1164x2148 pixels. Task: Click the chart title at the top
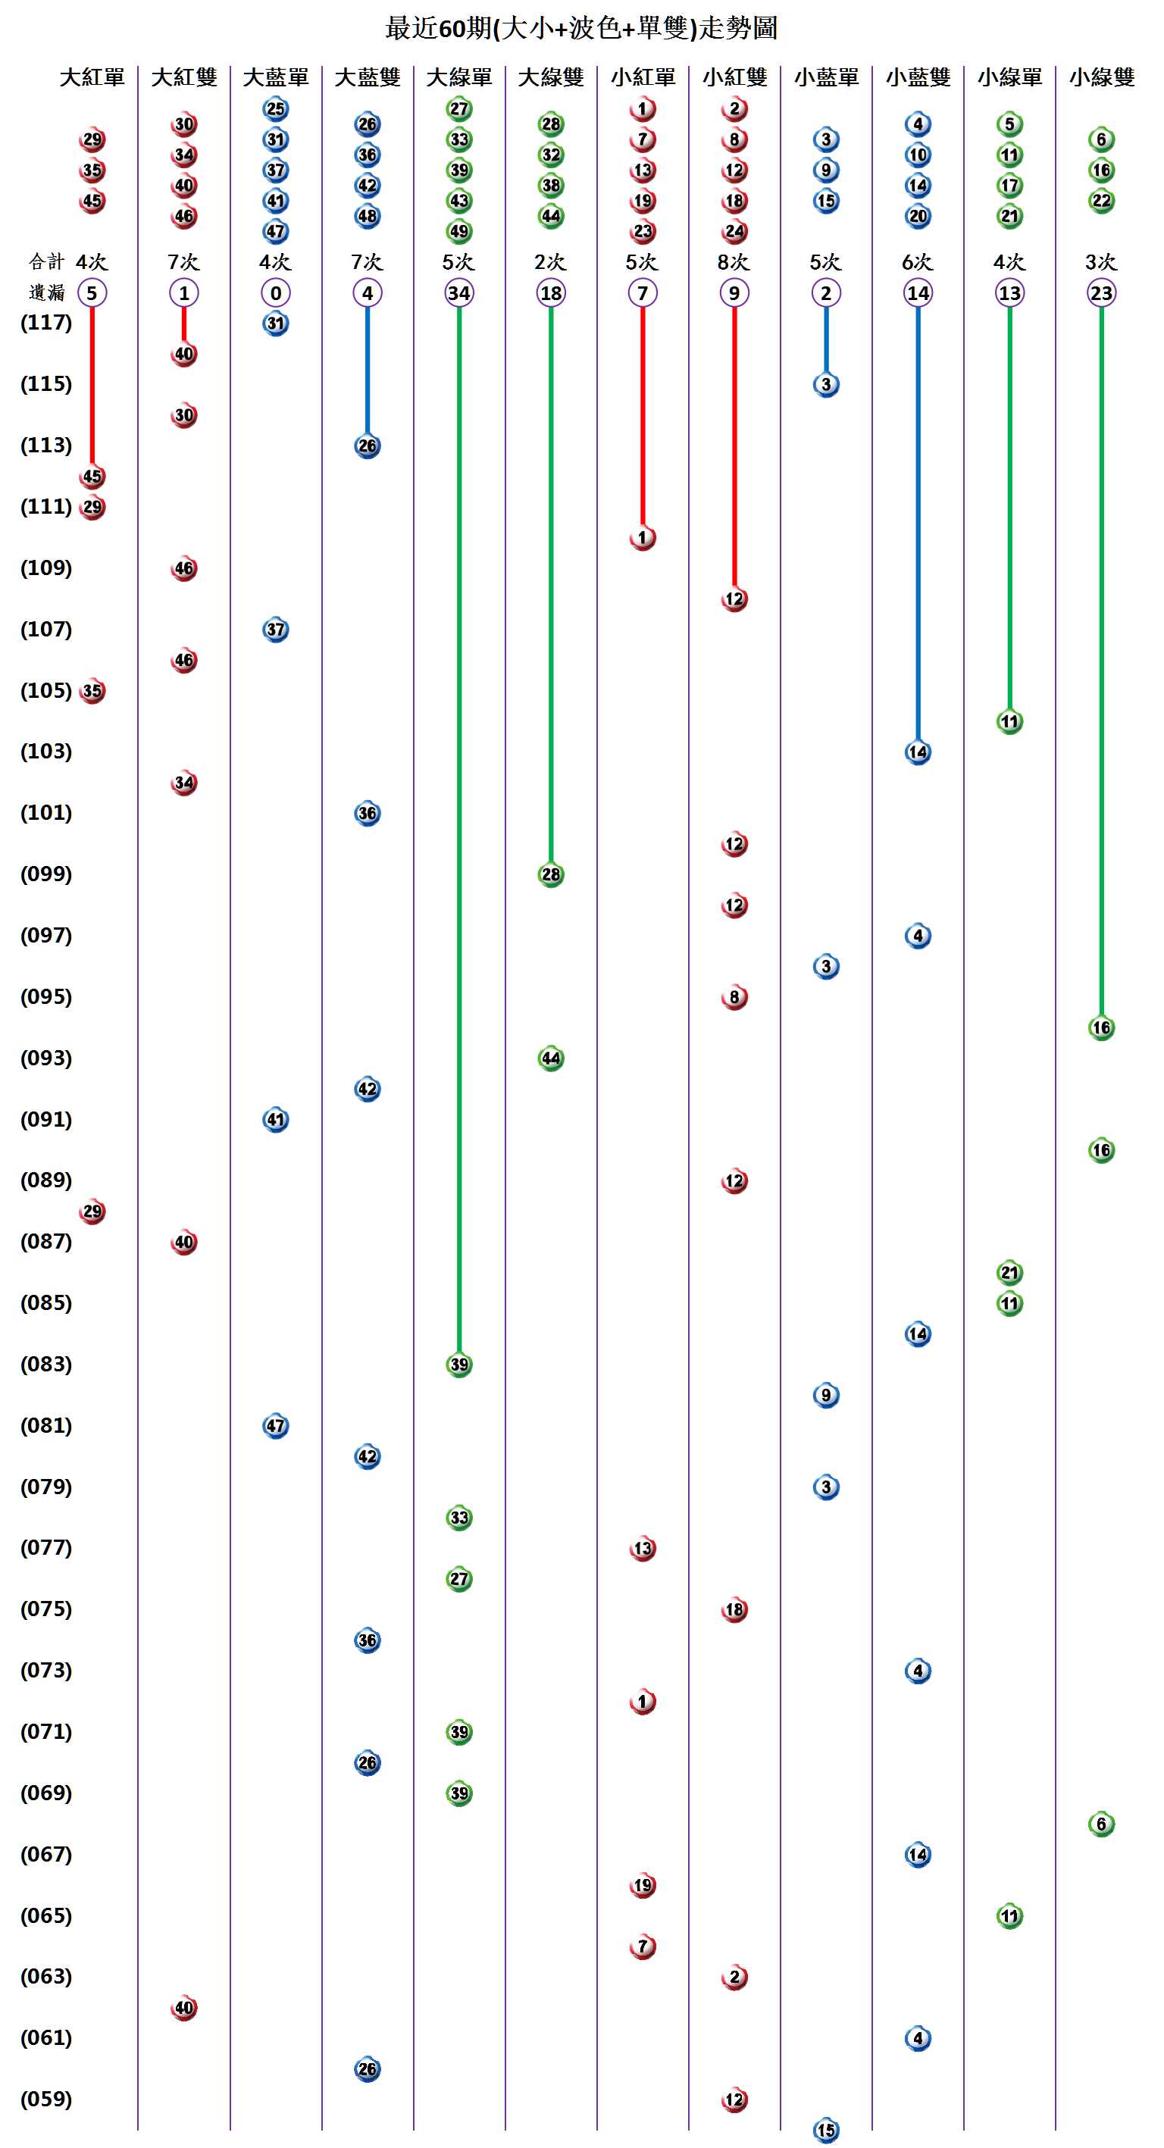pyautogui.click(x=581, y=28)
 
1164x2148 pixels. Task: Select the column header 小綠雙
pyautogui.click(x=1101, y=77)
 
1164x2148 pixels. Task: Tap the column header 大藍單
pyautogui.click(x=276, y=77)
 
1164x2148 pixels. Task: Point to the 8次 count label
pyautogui.click(x=734, y=262)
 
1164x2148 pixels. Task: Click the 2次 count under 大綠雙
pyautogui.click(x=550, y=262)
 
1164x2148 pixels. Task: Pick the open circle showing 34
pyautogui.click(x=459, y=292)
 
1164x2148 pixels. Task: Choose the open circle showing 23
pyautogui.click(x=1101, y=292)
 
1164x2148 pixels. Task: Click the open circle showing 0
pyautogui.click(x=276, y=292)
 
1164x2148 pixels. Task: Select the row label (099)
pyautogui.click(x=47, y=874)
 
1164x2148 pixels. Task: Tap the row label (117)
pyautogui.click(x=47, y=323)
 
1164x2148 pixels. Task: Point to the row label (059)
pyautogui.click(x=47, y=2099)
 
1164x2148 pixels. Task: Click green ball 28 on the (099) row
pyautogui.click(x=551, y=874)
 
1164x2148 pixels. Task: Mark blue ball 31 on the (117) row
pyautogui.click(x=276, y=324)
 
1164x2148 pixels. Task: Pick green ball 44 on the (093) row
pyautogui.click(x=551, y=1058)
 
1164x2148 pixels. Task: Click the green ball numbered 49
pyautogui.click(x=459, y=231)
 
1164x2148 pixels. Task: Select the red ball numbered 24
pyautogui.click(x=734, y=231)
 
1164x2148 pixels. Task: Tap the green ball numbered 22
pyautogui.click(x=1101, y=201)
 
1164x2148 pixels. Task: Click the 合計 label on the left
pyautogui.click(x=46, y=262)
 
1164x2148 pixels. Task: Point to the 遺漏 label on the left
pyautogui.click(x=46, y=292)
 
